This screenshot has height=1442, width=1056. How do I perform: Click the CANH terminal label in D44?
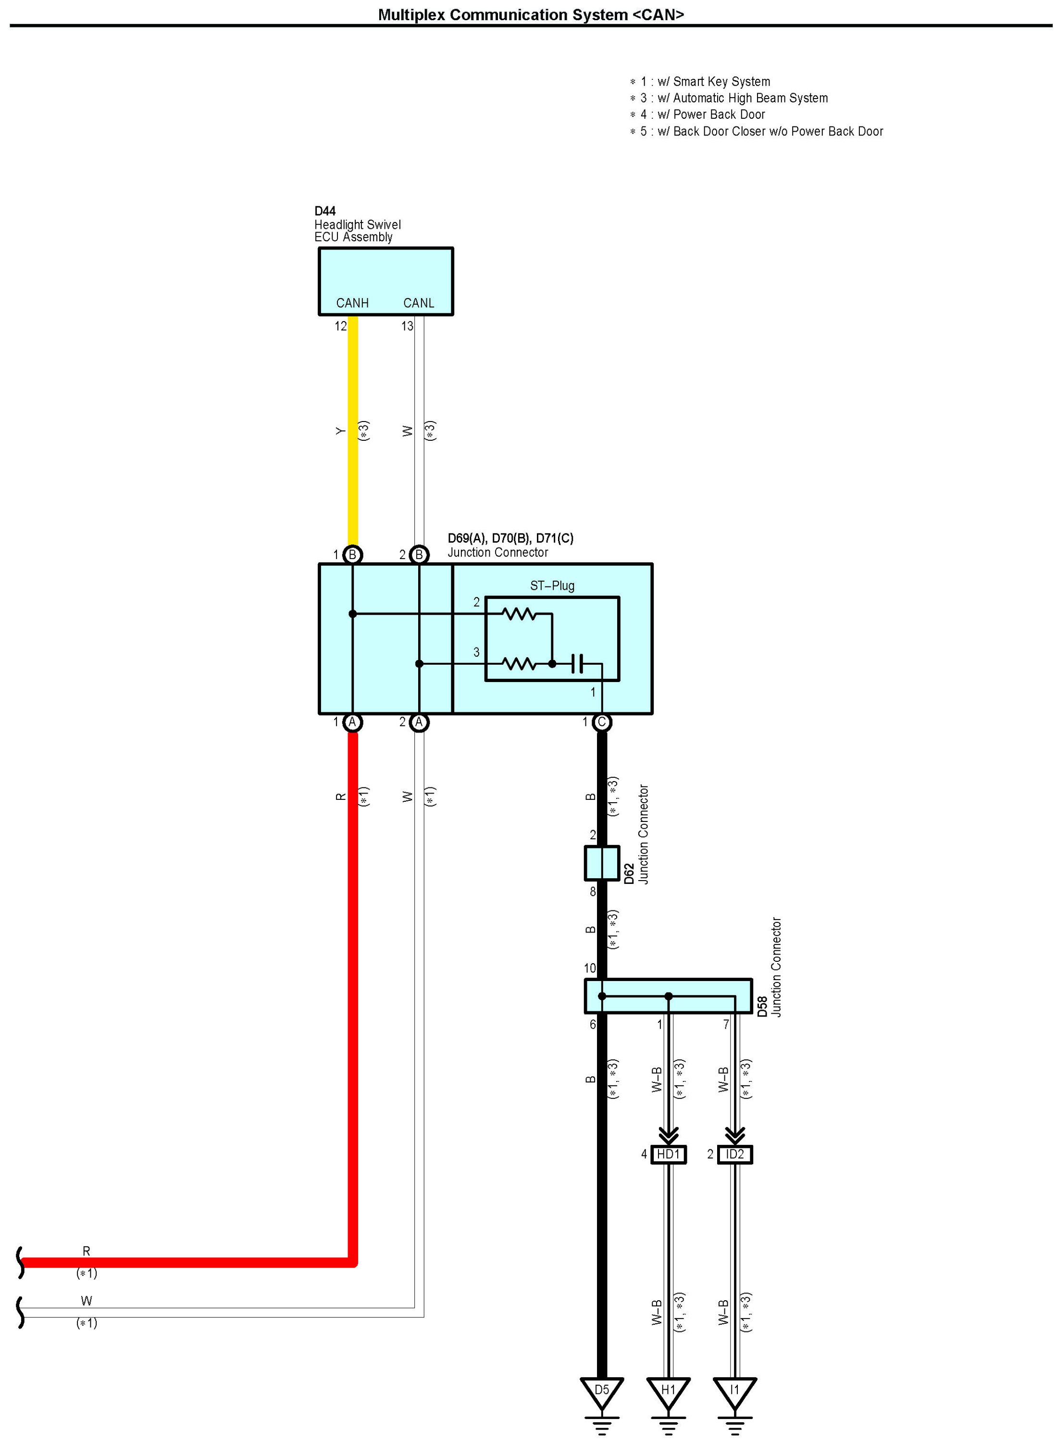tap(352, 303)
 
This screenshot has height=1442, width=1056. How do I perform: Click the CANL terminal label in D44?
tap(419, 303)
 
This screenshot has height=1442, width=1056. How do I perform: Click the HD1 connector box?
tap(668, 1155)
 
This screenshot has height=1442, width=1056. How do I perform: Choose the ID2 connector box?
tap(734, 1155)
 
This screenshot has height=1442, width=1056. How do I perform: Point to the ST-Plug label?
tap(552, 585)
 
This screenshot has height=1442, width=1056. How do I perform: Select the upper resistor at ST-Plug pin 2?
tap(519, 614)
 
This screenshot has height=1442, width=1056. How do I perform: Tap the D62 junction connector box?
tap(601, 863)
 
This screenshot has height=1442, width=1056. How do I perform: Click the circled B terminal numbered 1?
tap(352, 555)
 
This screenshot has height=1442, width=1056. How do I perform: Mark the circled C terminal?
tap(601, 722)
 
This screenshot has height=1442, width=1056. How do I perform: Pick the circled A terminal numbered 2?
tap(419, 722)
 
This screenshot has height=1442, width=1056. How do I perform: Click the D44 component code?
tap(325, 211)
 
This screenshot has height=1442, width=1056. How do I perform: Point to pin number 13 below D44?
tap(407, 326)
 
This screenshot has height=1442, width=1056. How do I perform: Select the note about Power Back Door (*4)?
tap(703, 114)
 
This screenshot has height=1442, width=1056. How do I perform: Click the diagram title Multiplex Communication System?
tap(531, 15)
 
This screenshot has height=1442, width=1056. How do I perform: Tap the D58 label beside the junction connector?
tap(762, 1007)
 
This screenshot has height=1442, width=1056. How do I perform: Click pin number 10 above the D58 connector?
tap(589, 969)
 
